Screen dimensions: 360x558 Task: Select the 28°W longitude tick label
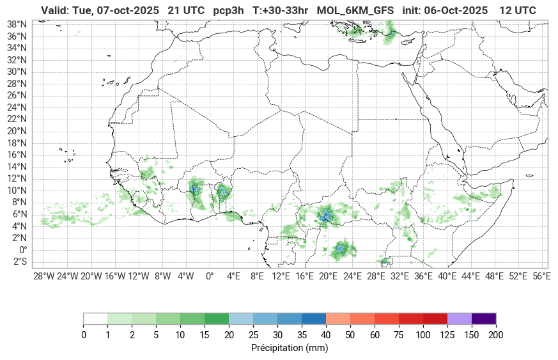(43, 276)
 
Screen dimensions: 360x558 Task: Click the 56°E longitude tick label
(541, 276)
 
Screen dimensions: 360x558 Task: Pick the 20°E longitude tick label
(329, 276)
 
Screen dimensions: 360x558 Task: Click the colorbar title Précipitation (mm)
(290, 348)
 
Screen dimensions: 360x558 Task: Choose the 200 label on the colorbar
(495, 335)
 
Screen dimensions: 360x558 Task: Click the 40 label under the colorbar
(326, 335)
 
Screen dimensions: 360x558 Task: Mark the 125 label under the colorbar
(447, 335)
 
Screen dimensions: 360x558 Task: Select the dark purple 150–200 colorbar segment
(484, 318)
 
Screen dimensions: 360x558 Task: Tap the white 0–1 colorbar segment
(95, 318)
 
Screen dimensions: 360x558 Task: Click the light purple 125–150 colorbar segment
(460, 318)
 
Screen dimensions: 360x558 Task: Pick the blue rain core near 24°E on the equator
(341, 247)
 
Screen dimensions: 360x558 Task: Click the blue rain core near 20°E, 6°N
(327, 216)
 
